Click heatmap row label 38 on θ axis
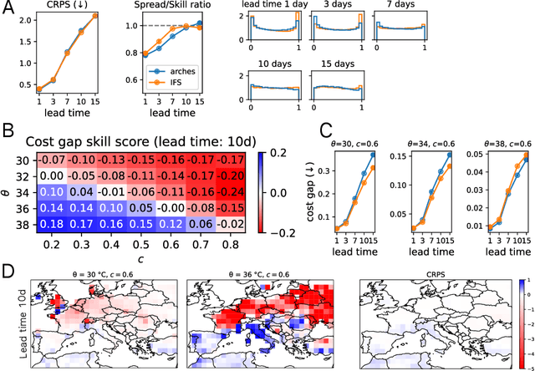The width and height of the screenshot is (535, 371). click(24, 224)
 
